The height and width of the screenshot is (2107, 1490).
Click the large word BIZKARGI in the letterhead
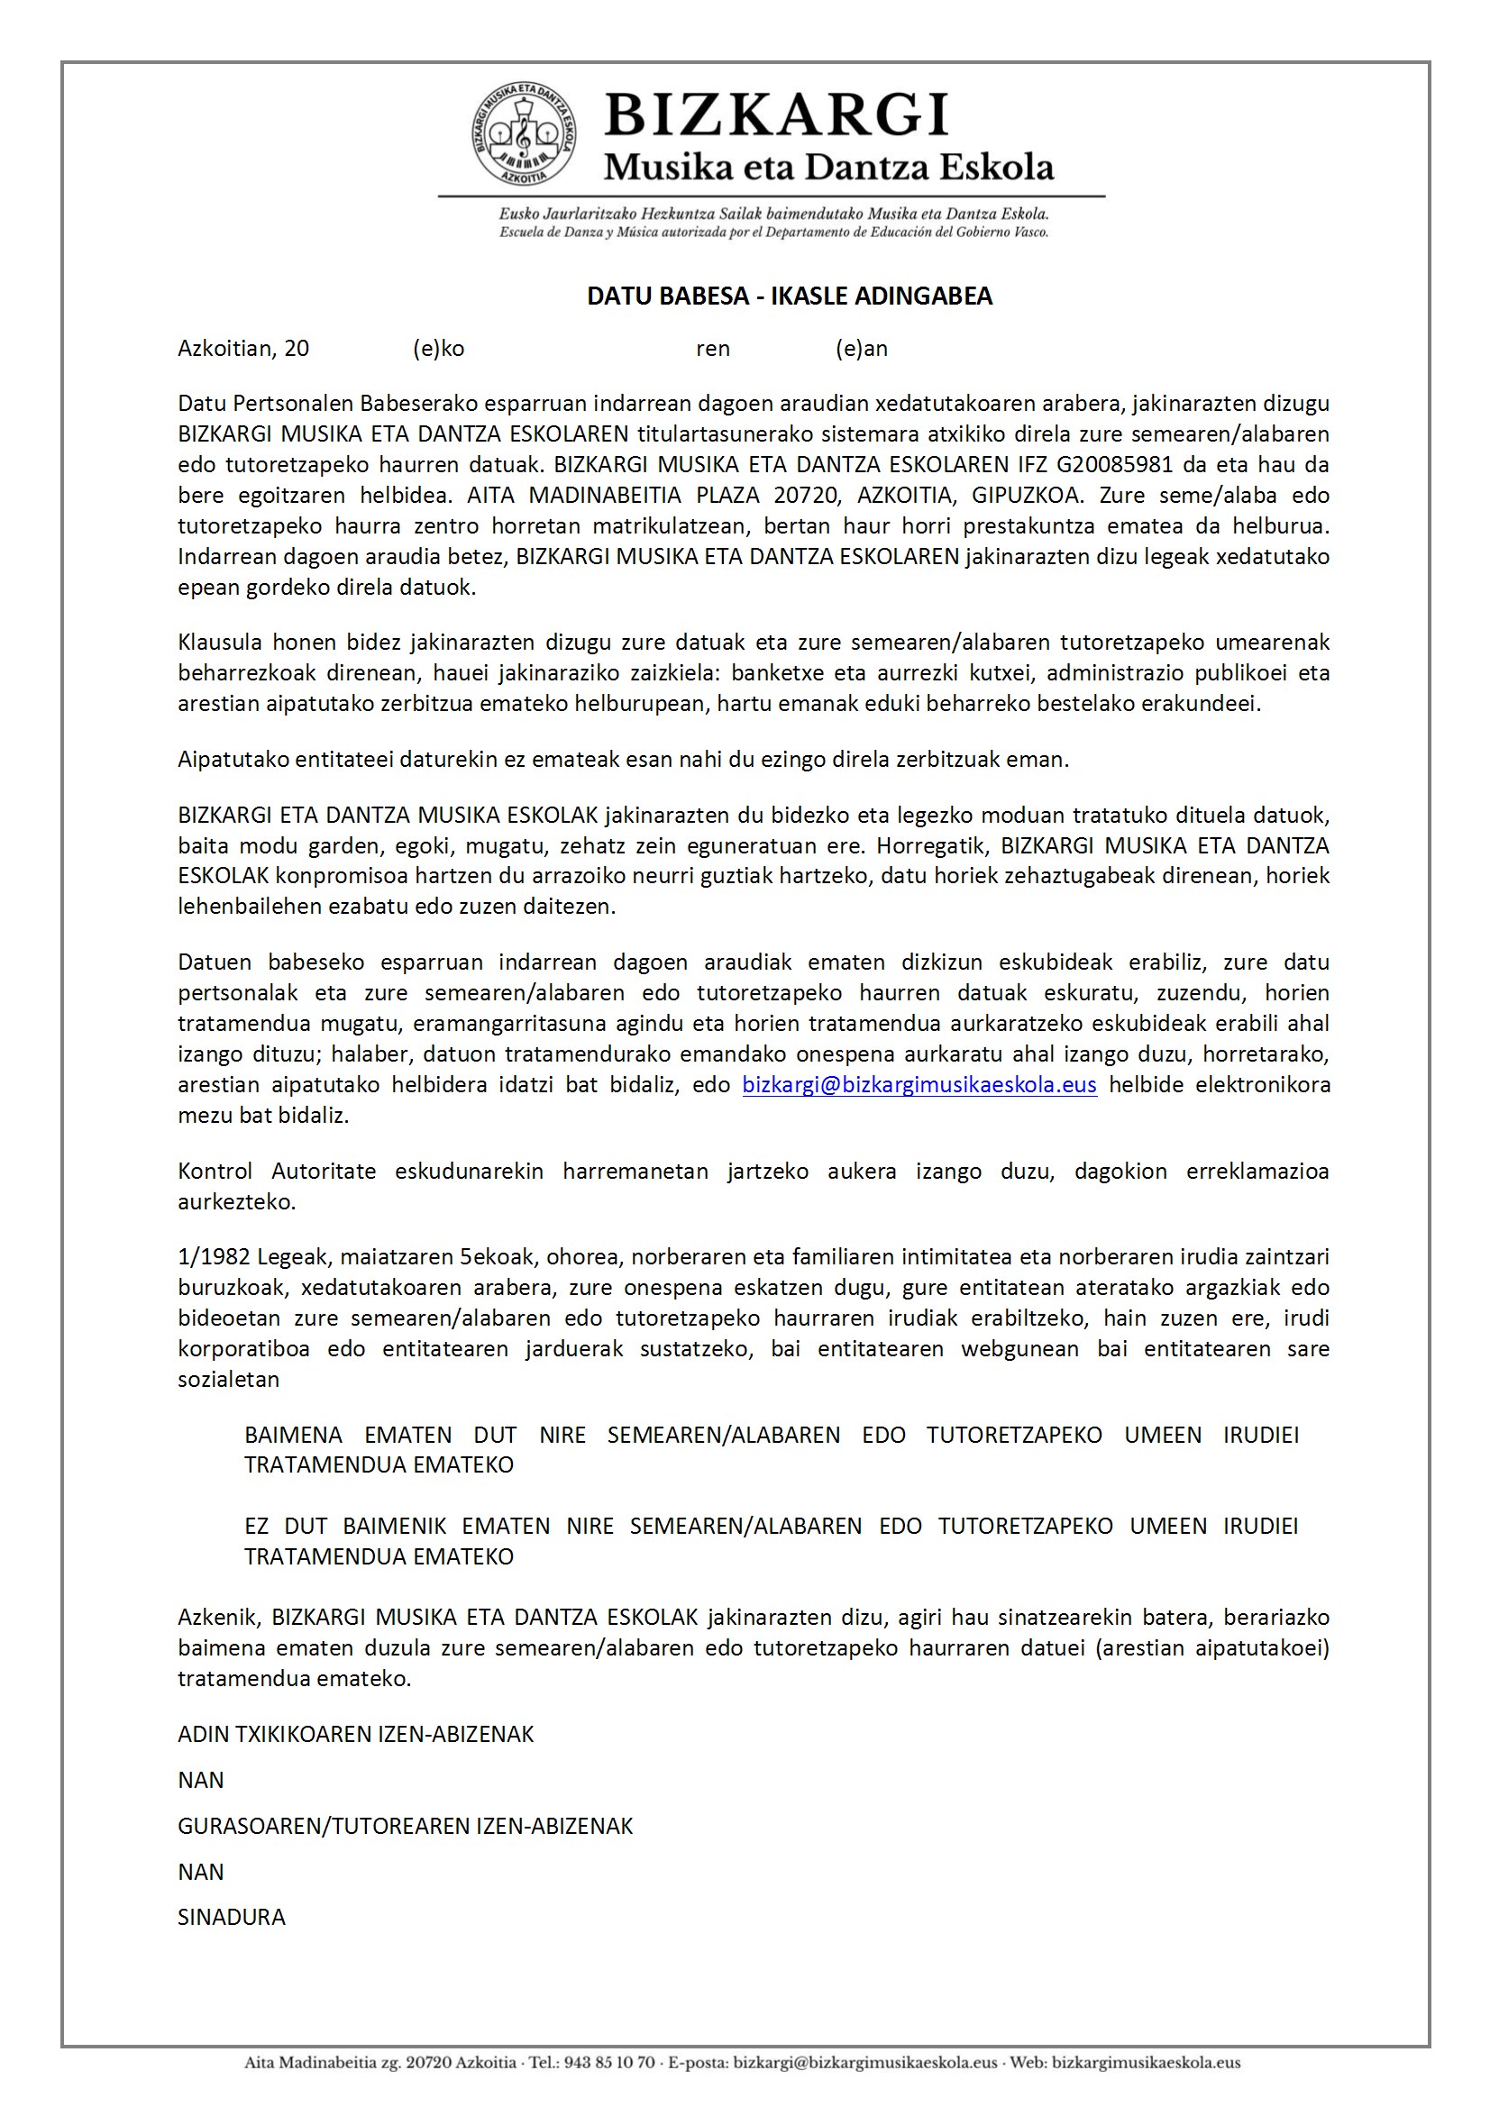(776, 115)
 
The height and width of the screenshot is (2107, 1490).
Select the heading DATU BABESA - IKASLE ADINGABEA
(790, 296)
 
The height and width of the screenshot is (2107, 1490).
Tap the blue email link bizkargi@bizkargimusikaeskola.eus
(919, 1085)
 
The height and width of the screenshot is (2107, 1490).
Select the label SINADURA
(232, 1917)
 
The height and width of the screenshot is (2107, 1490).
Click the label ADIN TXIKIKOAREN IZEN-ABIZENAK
(355, 1735)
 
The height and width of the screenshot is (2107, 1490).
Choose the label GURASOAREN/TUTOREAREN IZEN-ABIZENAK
(405, 1826)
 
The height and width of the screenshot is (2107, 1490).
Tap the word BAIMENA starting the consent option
(293, 1436)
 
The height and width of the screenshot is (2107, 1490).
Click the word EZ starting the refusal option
(256, 1526)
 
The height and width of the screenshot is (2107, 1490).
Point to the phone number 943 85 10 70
(608, 2063)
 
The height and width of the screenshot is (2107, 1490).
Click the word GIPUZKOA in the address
(1026, 496)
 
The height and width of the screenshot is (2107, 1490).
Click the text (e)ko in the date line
(439, 349)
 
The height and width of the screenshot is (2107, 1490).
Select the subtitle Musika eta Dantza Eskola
(828, 167)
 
